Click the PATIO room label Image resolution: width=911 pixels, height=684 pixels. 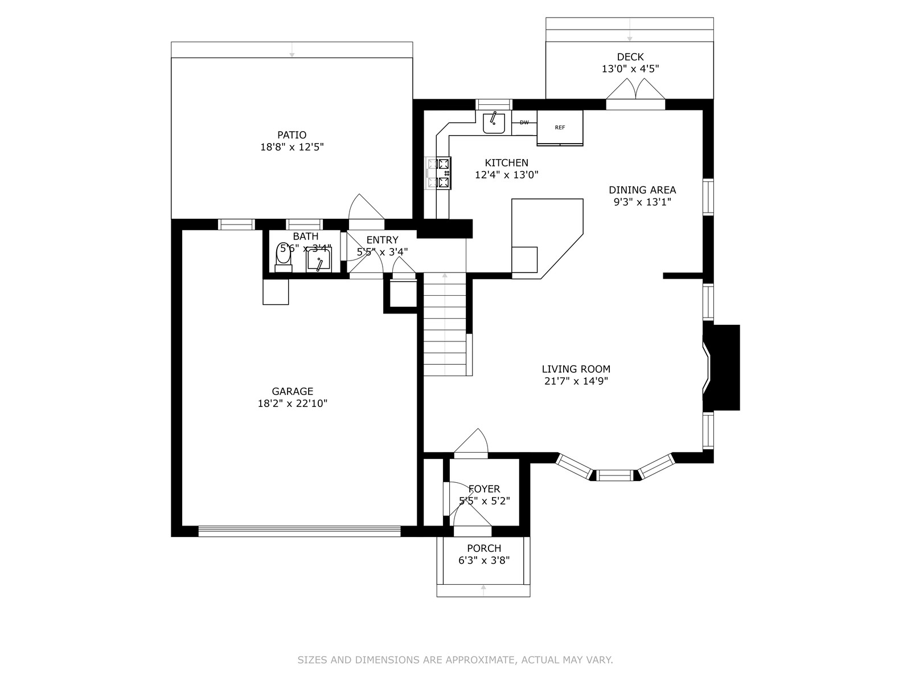pyautogui.click(x=292, y=135)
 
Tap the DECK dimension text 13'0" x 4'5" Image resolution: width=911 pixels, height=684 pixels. pyautogui.click(x=630, y=69)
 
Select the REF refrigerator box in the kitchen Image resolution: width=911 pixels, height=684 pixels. pyautogui.click(x=560, y=128)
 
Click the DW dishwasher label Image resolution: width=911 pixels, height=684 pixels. pyautogui.click(x=524, y=123)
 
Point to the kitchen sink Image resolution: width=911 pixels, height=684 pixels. pyautogui.click(x=494, y=123)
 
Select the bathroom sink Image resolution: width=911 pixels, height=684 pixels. pyautogui.click(x=319, y=260)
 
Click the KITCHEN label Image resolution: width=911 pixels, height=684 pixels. pyautogui.click(x=506, y=163)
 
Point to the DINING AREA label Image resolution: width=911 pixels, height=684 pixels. pyautogui.click(x=642, y=190)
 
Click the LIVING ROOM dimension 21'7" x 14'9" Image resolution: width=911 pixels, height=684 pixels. pyautogui.click(x=576, y=381)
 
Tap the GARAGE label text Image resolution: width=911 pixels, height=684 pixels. pyautogui.click(x=292, y=391)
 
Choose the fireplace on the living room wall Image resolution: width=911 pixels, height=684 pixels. pyautogui.click(x=721, y=368)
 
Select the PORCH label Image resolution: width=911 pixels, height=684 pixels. pyautogui.click(x=484, y=548)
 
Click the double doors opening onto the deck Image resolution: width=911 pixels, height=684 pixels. pyautogui.click(x=635, y=94)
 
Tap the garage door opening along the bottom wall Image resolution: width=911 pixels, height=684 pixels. pyautogui.click(x=299, y=531)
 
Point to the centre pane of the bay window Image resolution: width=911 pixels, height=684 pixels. pyautogui.click(x=615, y=475)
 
